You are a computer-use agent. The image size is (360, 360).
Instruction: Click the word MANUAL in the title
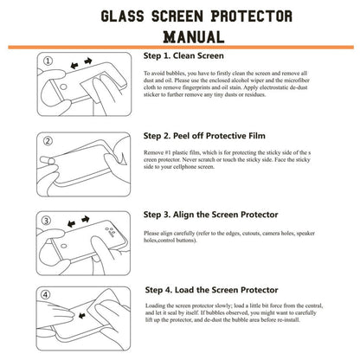(x=180, y=36)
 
